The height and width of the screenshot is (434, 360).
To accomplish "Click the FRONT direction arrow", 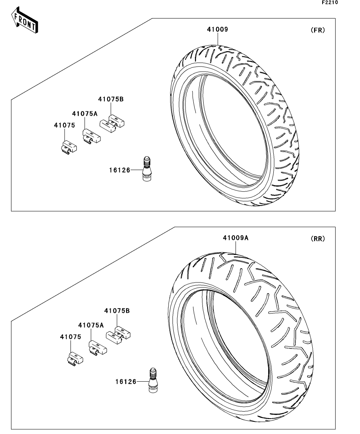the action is tap(25, 20).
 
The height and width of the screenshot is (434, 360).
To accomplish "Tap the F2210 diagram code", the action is tap(330, 2).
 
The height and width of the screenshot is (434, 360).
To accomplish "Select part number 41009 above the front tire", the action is tap(217, 30).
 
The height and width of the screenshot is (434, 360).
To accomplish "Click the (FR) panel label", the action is tap(317, 30).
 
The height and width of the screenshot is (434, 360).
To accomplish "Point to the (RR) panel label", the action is tap(317, 238).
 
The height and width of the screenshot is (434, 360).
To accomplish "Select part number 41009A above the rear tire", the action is tap(236, 238).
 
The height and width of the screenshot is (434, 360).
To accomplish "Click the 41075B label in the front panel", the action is tap(111, 99).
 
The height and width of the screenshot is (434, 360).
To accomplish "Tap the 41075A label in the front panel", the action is tap(85, 113).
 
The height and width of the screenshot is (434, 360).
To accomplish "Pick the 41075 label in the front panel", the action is tap(64, 125).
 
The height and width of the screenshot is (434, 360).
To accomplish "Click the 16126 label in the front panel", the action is tap(119, 170).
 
